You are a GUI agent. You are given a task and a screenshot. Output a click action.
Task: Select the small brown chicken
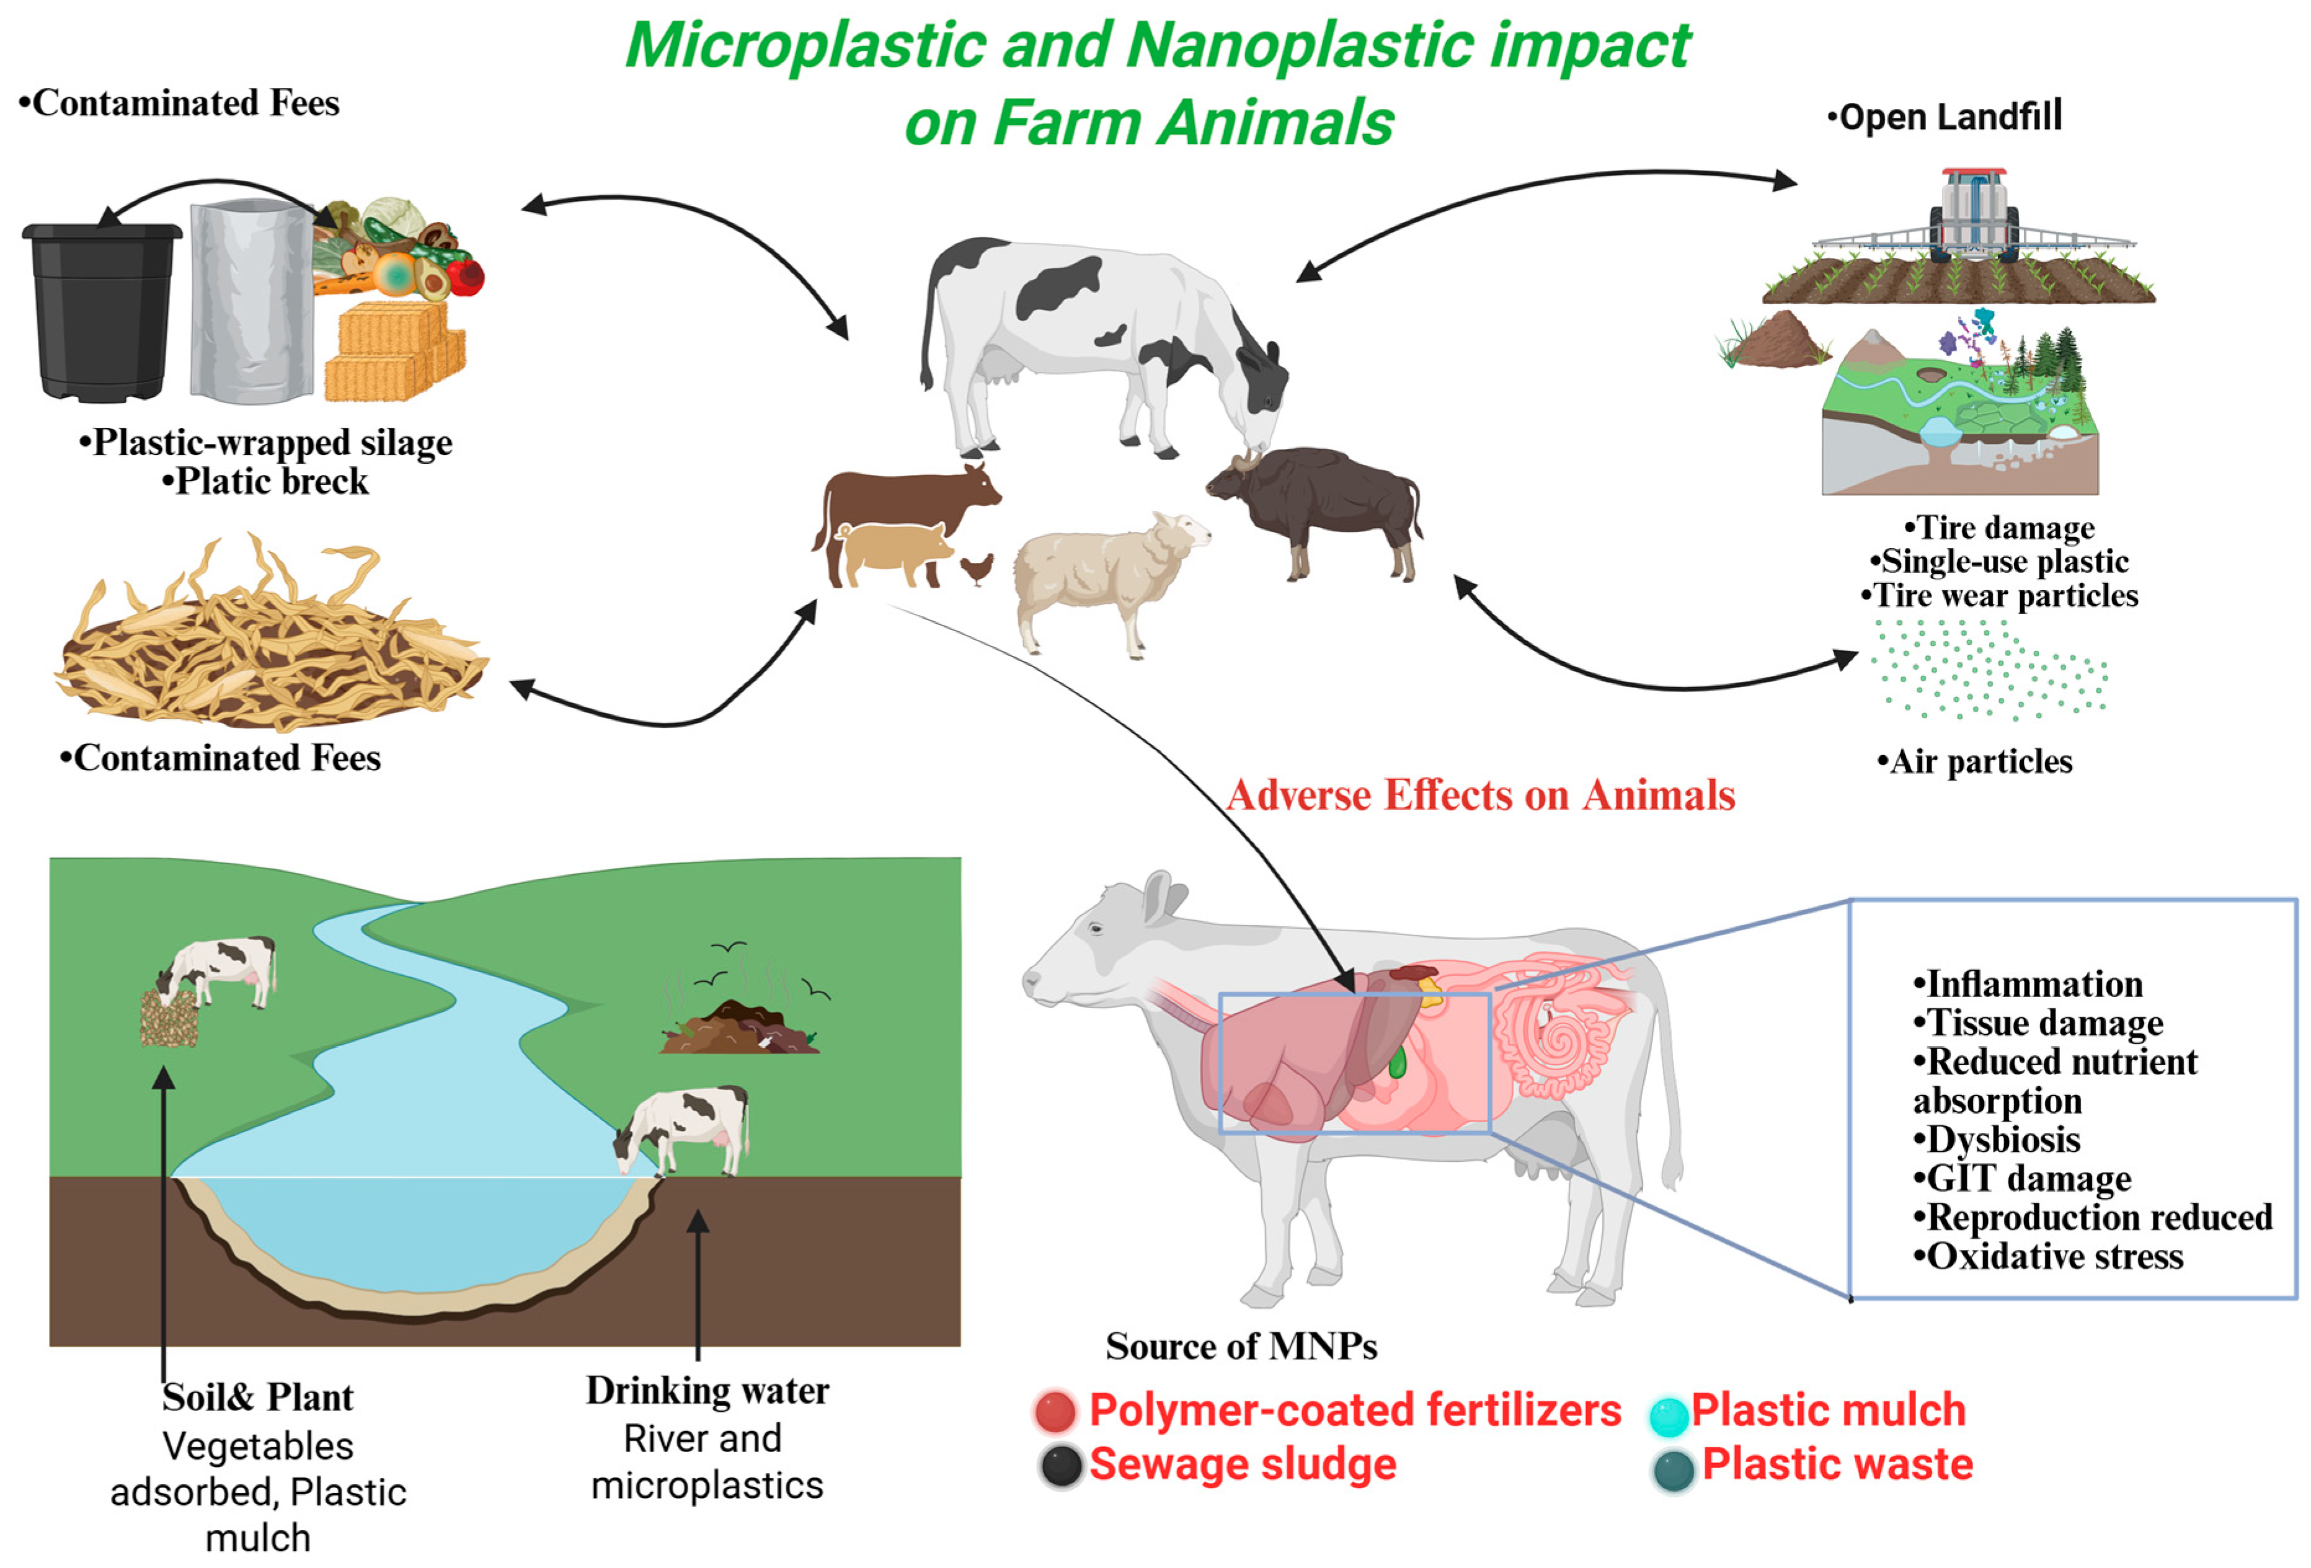[x=977, y=568]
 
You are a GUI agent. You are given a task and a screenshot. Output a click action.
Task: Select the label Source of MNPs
[x=1241, y=1346]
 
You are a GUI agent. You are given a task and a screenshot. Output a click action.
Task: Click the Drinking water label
[x=707, y=1390]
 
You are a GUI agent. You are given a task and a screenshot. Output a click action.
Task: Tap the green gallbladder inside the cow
[x=1398, y=1062]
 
